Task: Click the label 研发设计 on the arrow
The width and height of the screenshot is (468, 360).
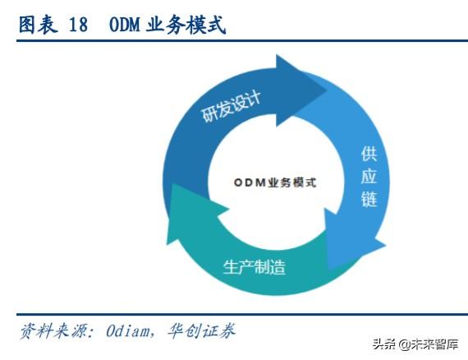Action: point(231,107)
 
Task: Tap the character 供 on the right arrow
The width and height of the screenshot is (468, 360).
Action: point(369,155)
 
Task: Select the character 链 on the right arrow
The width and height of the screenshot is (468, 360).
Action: point(369,198)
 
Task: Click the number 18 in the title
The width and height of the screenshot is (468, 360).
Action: point(78,25)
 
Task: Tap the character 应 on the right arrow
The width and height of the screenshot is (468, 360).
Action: point(369,176)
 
